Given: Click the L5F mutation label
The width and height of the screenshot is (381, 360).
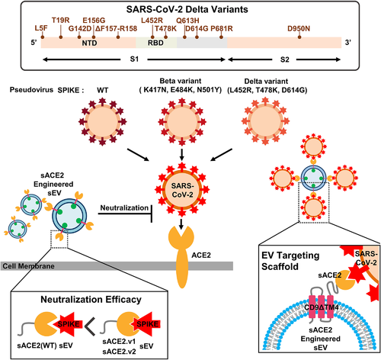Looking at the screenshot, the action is [x=41, y=28].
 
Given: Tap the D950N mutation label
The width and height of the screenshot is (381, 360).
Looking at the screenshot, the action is [x=299, y=29].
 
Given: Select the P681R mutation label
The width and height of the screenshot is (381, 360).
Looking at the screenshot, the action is [x=222, y=29].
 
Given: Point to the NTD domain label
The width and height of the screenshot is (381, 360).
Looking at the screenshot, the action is [x=89, y=43].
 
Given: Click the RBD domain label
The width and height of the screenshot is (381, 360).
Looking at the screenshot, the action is [x=155, y=43].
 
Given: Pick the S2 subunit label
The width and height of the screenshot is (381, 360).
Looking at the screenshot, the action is [x=284, y=59].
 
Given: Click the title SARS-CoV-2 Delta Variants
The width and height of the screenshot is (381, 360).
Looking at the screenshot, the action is [x=187, y=10].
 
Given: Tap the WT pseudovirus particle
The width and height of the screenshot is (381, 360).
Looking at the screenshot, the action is [x=102, y=121].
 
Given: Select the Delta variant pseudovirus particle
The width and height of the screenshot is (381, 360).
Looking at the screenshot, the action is [x=265, y=121].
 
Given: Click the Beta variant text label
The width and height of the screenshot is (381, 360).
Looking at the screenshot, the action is [x=181, y=81].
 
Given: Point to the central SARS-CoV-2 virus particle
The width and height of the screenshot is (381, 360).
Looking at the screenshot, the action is [x=182, y=190].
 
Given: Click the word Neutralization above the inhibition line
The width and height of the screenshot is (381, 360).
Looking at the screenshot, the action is [x=124, y=207].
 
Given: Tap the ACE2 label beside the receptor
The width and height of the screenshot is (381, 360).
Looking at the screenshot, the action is [x=201, y=255].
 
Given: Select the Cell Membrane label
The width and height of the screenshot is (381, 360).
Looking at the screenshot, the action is [x=28, y=266].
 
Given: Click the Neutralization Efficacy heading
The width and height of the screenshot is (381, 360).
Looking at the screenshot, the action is [x=91, y=299].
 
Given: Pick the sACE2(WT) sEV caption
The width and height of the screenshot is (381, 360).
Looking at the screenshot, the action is [x=45, y=346].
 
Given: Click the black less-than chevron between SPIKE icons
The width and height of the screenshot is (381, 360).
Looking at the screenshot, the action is [x=90, y=326].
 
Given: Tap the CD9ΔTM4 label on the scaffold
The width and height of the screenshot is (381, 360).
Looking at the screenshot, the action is [x=322, y=307].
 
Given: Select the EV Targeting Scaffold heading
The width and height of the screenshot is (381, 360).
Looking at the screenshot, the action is [x=290, y=261].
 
